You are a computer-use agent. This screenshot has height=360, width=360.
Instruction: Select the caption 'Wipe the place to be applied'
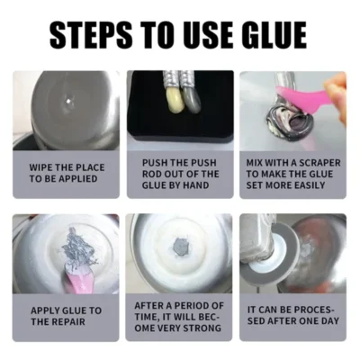pos(66,174)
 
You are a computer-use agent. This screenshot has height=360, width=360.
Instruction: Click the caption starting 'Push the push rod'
pos(180,174)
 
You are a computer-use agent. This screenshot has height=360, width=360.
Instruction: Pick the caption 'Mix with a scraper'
pos(292,174)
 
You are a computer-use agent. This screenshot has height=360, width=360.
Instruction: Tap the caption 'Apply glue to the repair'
pos(66,316)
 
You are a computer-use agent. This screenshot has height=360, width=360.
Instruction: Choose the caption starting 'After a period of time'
pos(180,316)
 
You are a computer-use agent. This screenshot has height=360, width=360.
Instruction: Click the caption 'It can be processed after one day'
pos(292,316)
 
